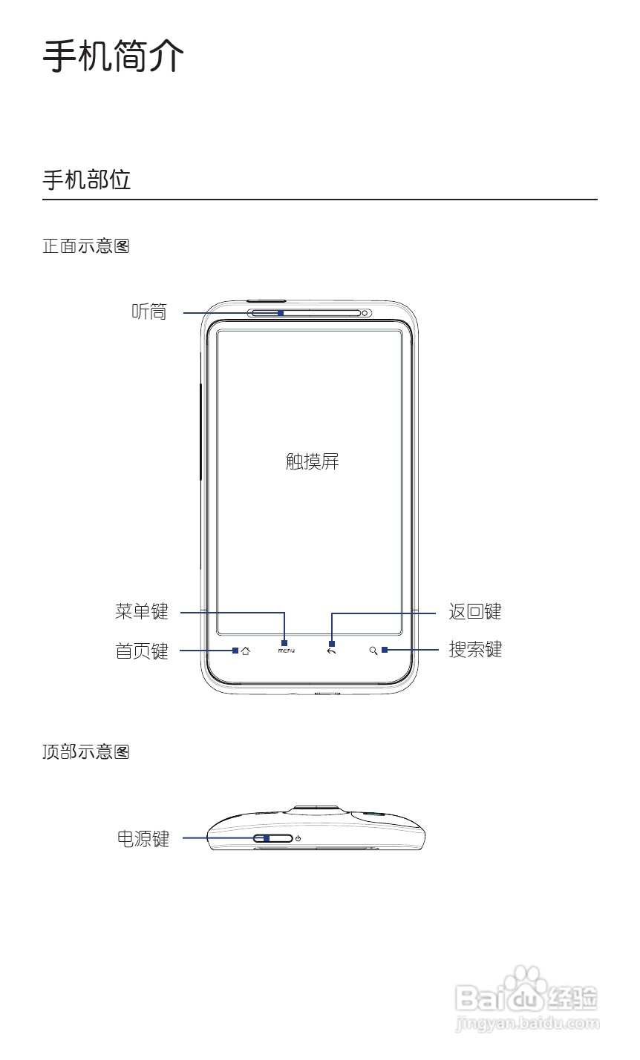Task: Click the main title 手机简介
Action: pos(113,56)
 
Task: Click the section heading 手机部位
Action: pos(87,180)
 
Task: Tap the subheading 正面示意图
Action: pos(86,246)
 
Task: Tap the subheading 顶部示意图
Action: pos(86,752)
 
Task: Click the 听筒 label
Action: pos(149,312)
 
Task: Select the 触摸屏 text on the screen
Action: pos(313,461)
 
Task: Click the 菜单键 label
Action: pos(142,611)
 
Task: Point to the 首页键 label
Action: pos(142,651)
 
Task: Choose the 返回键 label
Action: pos(475,611)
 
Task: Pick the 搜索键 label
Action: pos(475,650)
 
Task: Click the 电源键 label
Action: pos(143,838)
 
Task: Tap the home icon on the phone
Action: pos(246,651)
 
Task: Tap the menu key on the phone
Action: pos(287,651)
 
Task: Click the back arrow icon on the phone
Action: pos(331,651)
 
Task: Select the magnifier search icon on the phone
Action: pos(373,651)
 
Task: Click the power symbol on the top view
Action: pos(298,839)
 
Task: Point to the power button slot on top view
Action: pos(273,839)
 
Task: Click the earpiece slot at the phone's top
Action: pos(304,312)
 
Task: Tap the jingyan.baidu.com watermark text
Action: pos(526,1024)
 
